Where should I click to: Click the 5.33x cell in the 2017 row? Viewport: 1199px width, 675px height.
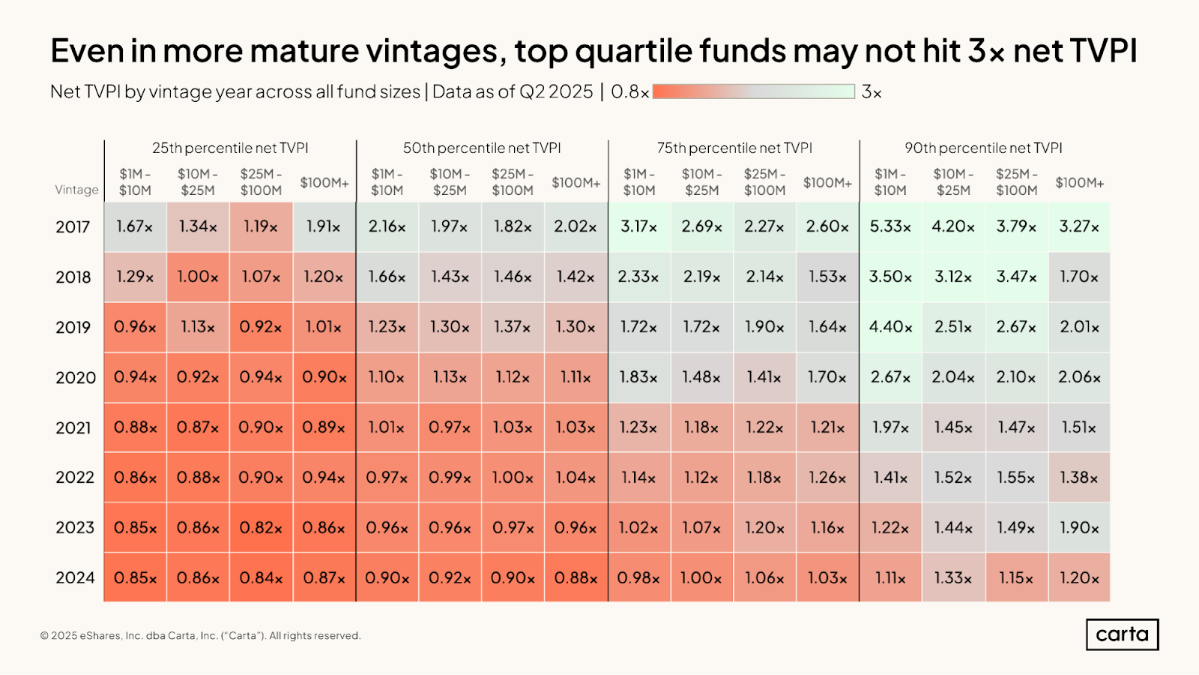(x=890, y=226)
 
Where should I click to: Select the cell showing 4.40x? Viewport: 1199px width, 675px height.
(x=890, y=327)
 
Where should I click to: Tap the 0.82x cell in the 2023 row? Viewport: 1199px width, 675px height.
(x=261, y=527)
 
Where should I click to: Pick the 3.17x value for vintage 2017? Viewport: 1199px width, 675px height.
(x=638, y=226)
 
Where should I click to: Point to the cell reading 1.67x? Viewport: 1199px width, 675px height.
(x=135, y=226)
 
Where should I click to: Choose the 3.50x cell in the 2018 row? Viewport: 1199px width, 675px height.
(x=890, y=277)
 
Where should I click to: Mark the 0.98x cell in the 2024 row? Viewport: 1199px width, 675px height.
(x=638, y=577)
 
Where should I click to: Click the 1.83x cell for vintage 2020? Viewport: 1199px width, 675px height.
(x=638, y=377)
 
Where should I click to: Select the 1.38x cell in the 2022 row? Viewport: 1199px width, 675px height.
(x=1079, y=477)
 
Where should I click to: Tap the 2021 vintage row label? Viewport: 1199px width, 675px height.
(x=73, y=427)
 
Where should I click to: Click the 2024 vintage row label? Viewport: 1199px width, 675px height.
(x=75, y=577)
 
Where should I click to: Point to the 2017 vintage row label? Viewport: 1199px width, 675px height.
(x=73, y=226)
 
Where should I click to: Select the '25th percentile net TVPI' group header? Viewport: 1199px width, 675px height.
(x=230, y=148)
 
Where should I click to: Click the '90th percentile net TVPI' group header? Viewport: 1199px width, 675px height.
(x=983, y=148)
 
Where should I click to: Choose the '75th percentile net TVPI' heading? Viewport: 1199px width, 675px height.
(x=734, y=148)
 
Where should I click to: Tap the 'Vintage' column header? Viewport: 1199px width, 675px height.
(x=76, y=190)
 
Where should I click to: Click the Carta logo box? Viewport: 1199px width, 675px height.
(x=1122, y=634)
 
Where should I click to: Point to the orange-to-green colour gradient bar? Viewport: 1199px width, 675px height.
(x=753, y=91)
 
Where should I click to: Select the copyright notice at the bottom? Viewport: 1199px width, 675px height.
(x=200, y=635)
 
